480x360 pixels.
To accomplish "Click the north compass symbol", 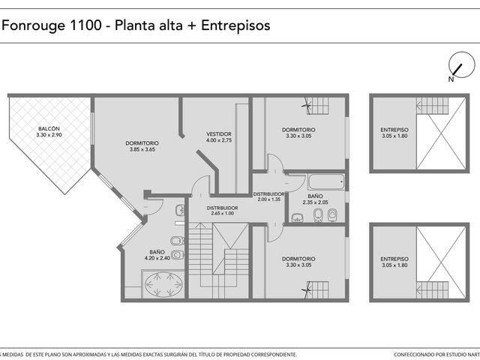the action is [462, 65].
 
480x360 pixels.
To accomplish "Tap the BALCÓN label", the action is [49, 129].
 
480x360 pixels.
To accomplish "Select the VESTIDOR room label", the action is [219, 134].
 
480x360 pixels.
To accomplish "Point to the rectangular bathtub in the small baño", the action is [326, 181].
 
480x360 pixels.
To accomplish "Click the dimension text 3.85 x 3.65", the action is [142, 150].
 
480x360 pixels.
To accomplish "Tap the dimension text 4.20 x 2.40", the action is [157, 258].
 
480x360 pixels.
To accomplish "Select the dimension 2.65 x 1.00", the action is [222, 213].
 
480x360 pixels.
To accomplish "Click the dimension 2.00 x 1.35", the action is [268, 199].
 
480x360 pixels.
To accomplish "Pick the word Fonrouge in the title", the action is [34, 25].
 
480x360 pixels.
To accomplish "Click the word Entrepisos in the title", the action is [235, 25].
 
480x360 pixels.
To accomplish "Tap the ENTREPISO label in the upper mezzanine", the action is [394, 130].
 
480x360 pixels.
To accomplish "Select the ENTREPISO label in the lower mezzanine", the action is [394, 259].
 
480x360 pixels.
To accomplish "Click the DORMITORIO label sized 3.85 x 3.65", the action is [142, 143].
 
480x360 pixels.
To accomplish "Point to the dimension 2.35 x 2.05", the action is [315, 202].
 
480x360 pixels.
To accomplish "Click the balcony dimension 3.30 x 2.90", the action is [49, 135].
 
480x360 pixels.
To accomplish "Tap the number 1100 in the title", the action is [85, 25].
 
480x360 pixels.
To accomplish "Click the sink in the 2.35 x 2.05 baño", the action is [296, 217].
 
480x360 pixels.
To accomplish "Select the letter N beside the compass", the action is [451, 79].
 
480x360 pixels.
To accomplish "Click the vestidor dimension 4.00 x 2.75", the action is [219, 140].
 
